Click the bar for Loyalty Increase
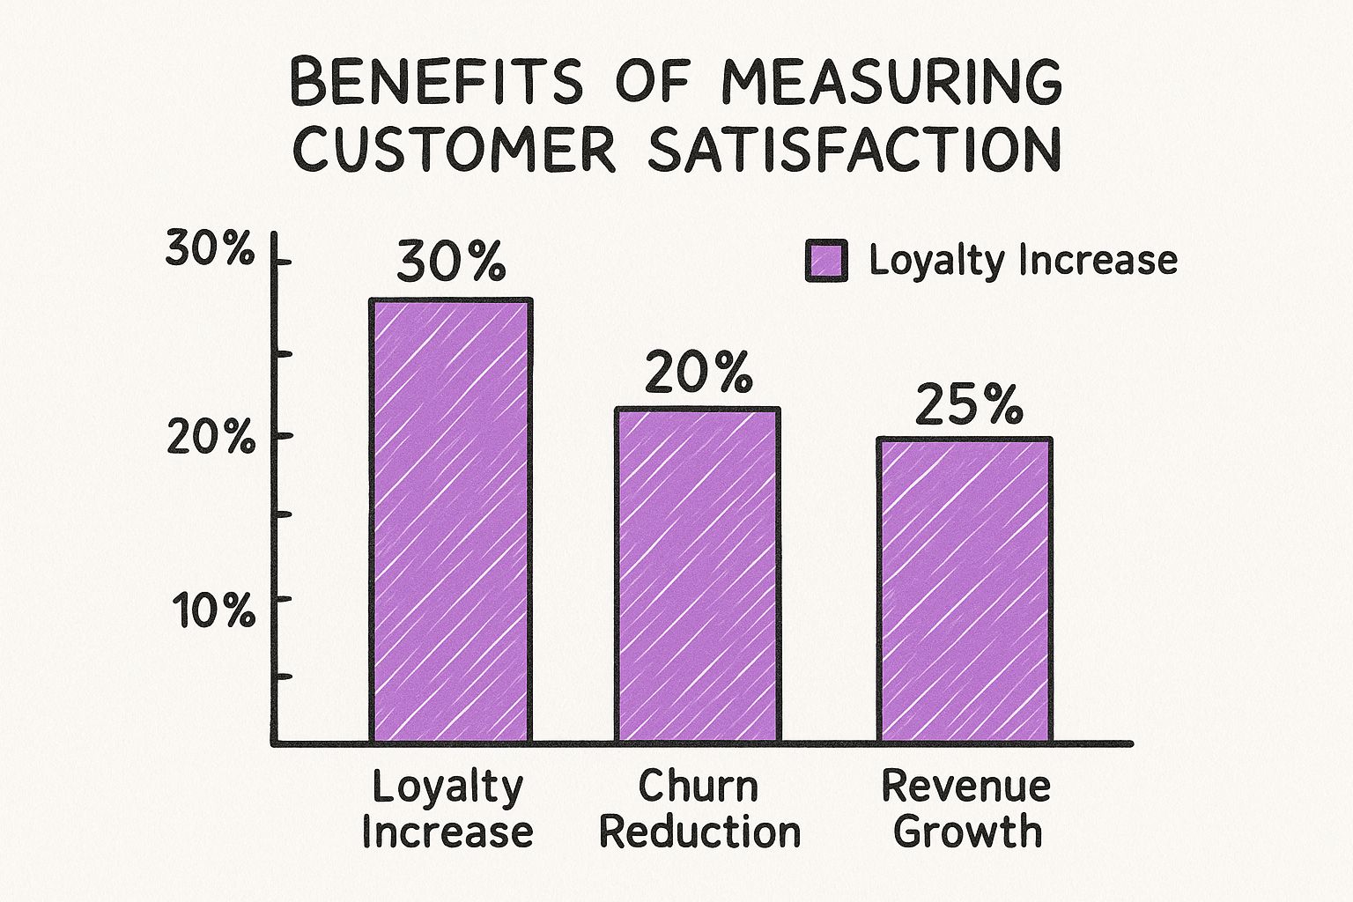pos(450,521)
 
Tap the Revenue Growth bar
pos(965,590)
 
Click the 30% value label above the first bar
pos(452,261)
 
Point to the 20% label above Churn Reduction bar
pos(699,373)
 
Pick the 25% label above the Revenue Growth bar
pos(969,406)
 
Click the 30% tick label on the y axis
pos(210,252)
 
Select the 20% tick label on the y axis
pos(210,438)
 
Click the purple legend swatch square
pos(826,261)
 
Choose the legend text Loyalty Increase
pos(1023,260)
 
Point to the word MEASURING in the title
pos(891,83)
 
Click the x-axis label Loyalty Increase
pos(447,809)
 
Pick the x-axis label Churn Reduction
pos(699,809)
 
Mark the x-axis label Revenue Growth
pos(966,809)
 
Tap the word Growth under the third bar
pos(967,832)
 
